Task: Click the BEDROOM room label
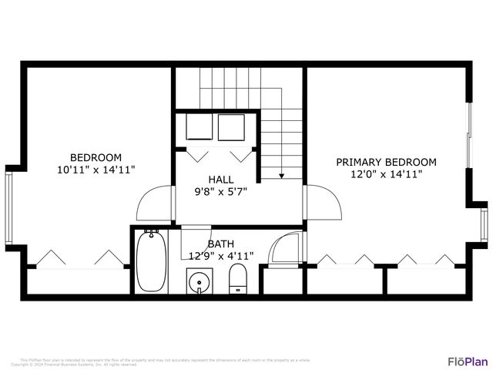click(x=96, y=156)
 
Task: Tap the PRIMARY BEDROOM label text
click(x=386, y=162)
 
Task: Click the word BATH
click(x=220, y=244)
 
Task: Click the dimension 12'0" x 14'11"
click(x=386, y=174)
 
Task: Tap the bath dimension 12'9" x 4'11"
click(x=222, y=256)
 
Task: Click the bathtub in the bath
click(x=151, y=261)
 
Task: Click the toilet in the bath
click(x=238, y=278)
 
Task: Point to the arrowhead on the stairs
click(x=281, y=176)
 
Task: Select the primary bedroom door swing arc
click(x=324, y=203)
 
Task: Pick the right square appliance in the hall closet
click(x=232, y=127)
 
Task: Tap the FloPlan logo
click(x=468, y=361)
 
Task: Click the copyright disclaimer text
click(x=165, y=362)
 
